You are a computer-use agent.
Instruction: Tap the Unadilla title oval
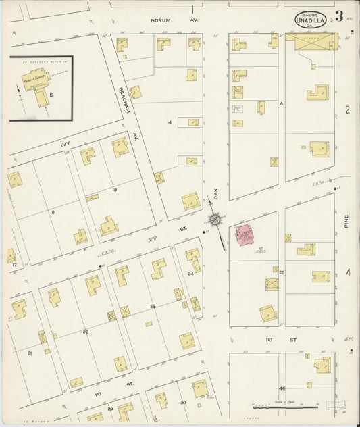click(311, 20)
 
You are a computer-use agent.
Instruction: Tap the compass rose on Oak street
click(215, 219)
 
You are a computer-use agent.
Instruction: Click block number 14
click(170, 122)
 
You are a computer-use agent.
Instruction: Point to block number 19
click(115, 190)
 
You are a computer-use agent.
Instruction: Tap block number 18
click(52, 212)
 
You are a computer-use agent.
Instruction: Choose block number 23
click(153, 307)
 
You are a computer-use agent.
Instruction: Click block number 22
click(85, 332)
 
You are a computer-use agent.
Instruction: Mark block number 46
click(282, 388)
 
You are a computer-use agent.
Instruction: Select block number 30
click(182, 403)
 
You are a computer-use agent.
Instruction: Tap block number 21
click(30, 353)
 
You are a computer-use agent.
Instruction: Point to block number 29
click(109, 409)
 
